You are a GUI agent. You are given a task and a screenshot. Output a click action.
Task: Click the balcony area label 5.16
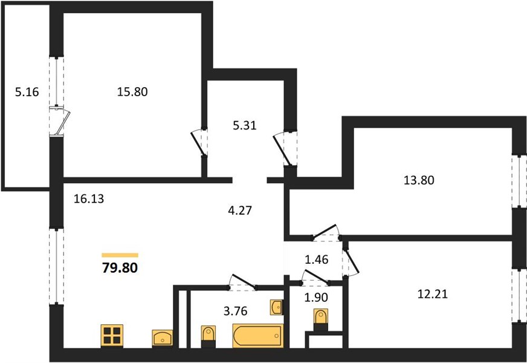(x=27, y=91)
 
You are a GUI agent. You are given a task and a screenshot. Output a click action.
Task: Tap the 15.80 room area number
(x=132, y=91)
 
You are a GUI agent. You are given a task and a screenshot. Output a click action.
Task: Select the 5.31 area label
(x=245, y=125)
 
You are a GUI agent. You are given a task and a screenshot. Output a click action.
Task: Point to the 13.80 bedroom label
(x=419, y=180)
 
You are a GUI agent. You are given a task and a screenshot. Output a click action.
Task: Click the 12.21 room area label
(x=432, y=294)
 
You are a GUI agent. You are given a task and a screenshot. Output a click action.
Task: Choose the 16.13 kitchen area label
(x=89, y=199)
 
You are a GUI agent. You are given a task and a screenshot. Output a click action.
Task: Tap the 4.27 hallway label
(x=240, y=211)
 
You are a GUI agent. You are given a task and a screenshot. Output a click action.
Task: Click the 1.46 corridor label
(x=316, y=260)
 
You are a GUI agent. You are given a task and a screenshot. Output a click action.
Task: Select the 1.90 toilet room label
(x=316, y=298)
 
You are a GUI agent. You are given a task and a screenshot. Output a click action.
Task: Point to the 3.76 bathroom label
(x=235, y=311)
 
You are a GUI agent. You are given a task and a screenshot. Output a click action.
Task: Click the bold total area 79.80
(x=120, y=268)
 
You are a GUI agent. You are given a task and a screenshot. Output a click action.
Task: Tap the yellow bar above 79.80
(x=120, y=255)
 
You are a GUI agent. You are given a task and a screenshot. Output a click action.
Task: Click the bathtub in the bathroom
(x=258, y=336)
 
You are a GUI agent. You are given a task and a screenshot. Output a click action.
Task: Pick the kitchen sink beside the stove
(x=163, y=338)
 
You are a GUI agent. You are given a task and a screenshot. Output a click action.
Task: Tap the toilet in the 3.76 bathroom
(x=208, y=337)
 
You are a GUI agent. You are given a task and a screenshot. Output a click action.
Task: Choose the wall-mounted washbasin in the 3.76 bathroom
(x=276, y=307)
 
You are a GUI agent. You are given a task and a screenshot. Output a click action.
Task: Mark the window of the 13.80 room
(x=519, y=181)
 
